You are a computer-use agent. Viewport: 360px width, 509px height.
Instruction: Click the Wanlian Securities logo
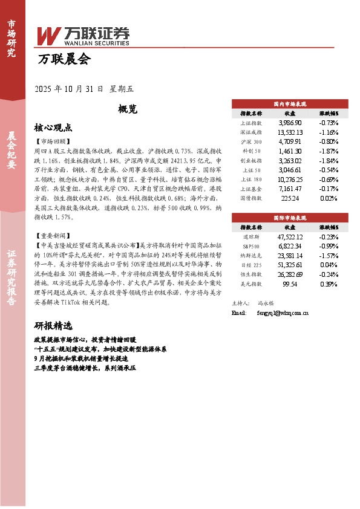(83, 36)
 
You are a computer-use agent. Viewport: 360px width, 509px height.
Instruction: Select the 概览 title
(128, 109)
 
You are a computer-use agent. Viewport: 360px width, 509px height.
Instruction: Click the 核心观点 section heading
(53, 128)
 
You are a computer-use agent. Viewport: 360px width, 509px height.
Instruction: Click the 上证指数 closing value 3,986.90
(290, 123)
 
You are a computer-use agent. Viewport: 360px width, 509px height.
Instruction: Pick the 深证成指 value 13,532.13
(290, 132)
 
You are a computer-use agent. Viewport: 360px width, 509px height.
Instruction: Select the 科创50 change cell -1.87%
(329, 151)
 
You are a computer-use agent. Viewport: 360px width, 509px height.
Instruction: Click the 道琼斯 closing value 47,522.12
(290, 237)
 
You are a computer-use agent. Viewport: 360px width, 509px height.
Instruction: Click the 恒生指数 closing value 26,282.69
(290, 274)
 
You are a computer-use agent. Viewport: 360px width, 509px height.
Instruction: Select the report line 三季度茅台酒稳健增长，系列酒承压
(86, 367)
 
